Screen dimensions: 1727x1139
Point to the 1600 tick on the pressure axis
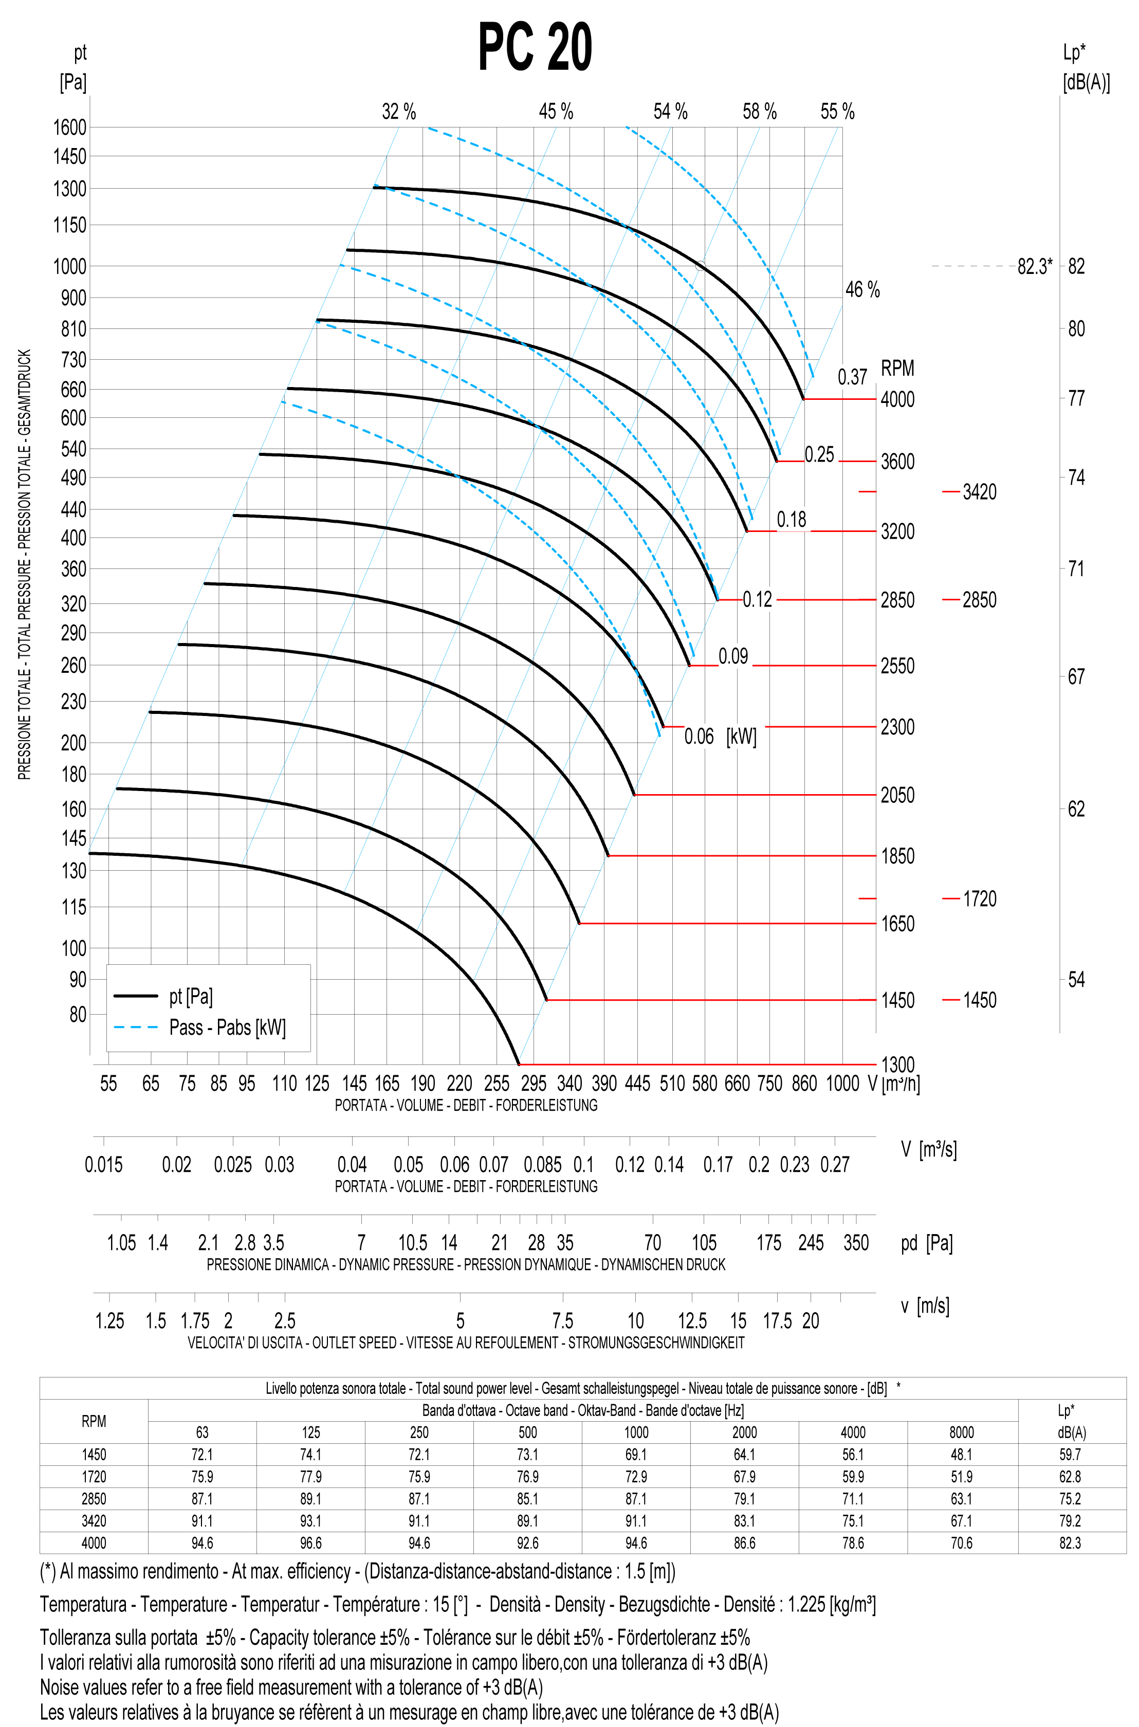coord(70,127)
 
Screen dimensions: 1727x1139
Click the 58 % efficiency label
coord(759,112)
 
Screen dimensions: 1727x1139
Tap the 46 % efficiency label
coord(862,290)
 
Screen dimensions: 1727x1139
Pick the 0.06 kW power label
coord(699,737)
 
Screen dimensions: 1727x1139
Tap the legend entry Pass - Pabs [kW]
coord(227,1027)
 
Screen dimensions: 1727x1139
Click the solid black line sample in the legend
coord(135,996)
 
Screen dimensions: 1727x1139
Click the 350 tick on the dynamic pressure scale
coord(856,1243)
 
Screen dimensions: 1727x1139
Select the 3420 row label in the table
coord(94,1521)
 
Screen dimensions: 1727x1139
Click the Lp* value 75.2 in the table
coord(1070,1499)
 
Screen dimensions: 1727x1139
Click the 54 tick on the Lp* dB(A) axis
coord(1076,980)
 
